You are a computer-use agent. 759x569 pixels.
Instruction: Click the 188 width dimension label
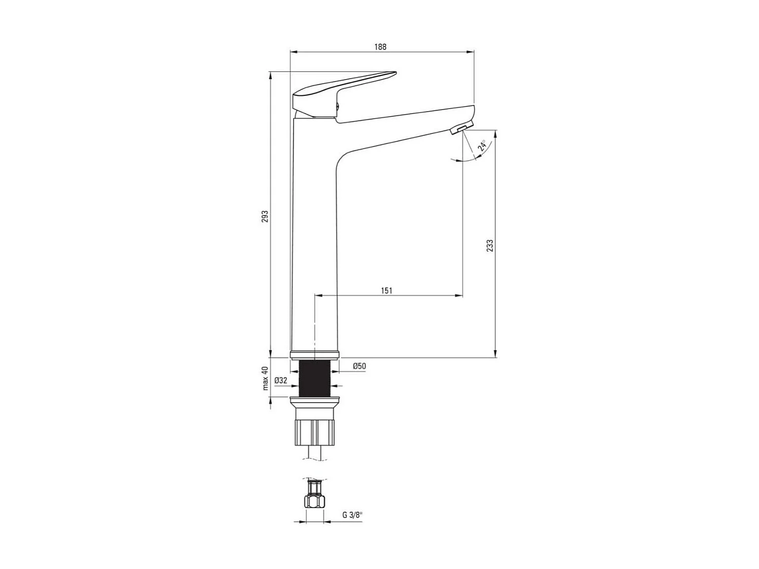tap(380, 47)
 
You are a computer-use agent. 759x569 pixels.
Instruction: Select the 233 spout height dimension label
tap(489, 245)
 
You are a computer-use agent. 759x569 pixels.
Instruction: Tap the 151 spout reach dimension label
tap(386, 291)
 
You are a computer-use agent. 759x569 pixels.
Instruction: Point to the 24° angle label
tap(483, 146)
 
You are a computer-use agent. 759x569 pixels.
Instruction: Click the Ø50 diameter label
tap(359, 366)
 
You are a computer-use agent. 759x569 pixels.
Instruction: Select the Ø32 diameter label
tap(280, 380)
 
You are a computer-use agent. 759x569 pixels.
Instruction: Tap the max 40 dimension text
tap(265, 378)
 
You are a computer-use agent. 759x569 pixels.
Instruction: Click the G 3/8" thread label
tap(352, 515)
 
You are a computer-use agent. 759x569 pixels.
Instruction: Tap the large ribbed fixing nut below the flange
tap(314, 431)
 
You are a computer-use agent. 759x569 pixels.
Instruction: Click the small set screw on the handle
tap(338, 106)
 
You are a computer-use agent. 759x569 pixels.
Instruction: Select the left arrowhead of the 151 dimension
tap(318, 295)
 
